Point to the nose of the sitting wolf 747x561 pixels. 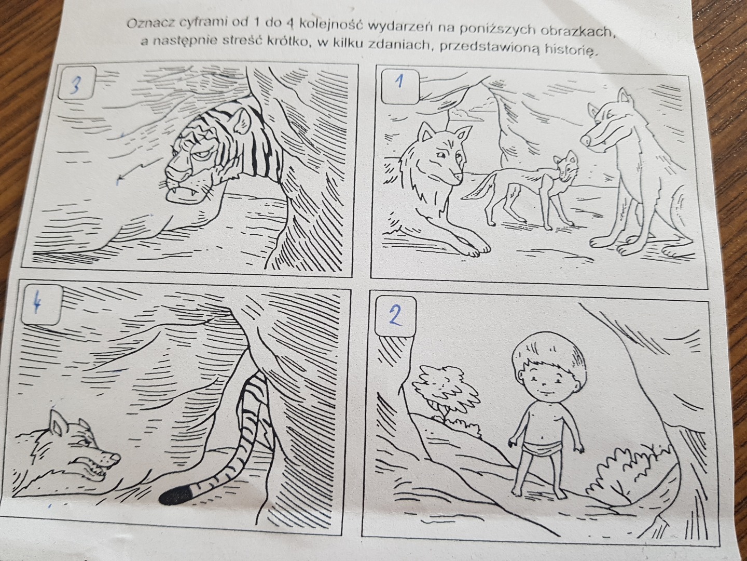coord(586,140)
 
